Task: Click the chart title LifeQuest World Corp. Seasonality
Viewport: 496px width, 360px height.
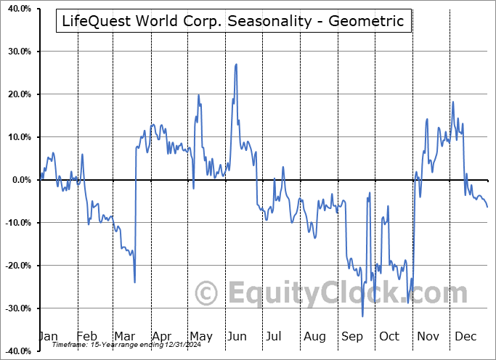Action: click(x=233, y=21)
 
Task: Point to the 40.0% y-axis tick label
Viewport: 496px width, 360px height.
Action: click(x=16, y=9)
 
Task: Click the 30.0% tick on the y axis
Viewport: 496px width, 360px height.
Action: click(x=16, y=52)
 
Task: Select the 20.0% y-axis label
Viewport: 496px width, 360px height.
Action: click(x=16, y=94)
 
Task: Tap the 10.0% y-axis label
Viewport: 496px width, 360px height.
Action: click(x=16, y=137)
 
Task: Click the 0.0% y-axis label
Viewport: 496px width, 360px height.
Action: click(x=18, y=180)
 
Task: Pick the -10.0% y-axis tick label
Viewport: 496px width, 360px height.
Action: click(x=15, y=223)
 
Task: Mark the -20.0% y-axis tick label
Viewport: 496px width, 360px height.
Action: click(x=15, y=266)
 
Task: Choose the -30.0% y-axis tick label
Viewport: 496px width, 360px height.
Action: click(x=15, y=308)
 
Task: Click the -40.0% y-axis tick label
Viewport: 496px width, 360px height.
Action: click(x=15, y=351)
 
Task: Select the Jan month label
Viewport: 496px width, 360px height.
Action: click(x=48, y=337)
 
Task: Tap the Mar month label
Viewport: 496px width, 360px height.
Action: click(x=125, y=337)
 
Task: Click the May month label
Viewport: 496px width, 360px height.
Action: click(x=200, y=337)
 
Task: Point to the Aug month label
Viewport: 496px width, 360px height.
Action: click(x=314, y=337)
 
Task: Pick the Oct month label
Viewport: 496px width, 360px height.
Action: click(x=389, y=337)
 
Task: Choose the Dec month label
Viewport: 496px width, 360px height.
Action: click(x=465, y=337)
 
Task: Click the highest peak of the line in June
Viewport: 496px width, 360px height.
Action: click(x=236, y=65)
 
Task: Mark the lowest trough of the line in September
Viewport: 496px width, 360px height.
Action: click(x=362, y=316)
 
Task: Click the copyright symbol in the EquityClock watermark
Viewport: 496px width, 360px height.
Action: click(x=207, y=294)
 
